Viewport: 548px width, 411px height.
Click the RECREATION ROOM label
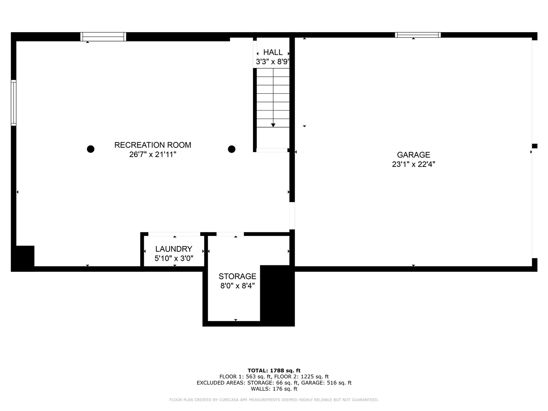[152, 145]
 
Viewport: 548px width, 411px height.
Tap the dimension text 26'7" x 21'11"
[152, 155]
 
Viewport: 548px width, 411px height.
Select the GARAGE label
[413, 155]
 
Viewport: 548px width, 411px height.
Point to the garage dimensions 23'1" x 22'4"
[413, 164]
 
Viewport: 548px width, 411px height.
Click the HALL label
[273, 52]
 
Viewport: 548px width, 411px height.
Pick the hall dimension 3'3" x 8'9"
[273, 62]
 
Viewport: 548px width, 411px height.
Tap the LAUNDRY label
[173, 249]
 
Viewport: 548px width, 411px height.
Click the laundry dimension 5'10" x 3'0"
[173, 259]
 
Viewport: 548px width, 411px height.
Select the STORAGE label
[237, 277]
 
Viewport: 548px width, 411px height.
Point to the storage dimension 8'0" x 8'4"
[237, 286]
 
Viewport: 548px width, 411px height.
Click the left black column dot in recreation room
[91, 149]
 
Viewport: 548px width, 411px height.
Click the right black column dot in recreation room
[232, 149]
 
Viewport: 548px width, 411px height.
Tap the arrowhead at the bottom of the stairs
[273, 125]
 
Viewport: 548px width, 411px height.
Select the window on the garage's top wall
[417, 35]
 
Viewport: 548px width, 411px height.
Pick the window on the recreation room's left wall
[14, 103]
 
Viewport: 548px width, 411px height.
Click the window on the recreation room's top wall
[104, 37]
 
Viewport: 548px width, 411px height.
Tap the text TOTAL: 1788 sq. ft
[274, 370]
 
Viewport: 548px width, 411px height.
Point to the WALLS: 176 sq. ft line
[274, 389]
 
